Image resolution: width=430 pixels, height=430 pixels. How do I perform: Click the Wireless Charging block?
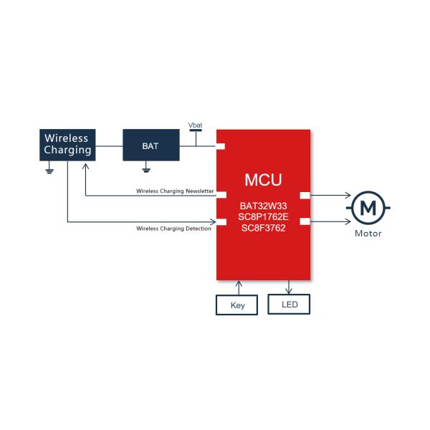pos(67,145)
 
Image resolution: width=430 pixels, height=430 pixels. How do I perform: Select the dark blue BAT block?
pos(151,145)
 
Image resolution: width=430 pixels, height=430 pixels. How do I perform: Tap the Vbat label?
pos(195,125)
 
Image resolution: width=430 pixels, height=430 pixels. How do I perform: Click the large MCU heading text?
pos(263,180)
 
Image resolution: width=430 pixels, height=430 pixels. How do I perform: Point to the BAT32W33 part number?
pos(263,206)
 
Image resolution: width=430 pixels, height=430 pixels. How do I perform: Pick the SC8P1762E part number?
pos(263,217)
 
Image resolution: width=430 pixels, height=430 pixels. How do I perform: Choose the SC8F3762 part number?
pos(263,228)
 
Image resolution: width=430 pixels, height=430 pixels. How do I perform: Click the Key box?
pos(236,305)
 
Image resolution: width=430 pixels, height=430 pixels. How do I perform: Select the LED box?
pos(289,304)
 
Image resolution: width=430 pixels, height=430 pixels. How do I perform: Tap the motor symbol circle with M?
pos(368,208)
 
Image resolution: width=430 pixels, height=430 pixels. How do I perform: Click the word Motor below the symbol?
pos(368,234)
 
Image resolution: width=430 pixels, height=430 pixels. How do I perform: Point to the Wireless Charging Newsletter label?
pos(175,191)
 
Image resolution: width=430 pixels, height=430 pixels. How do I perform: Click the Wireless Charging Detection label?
pos(174,229)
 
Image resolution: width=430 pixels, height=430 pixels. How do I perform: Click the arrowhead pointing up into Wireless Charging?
pos(85,166)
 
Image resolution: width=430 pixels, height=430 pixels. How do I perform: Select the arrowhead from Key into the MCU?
pos(239,284)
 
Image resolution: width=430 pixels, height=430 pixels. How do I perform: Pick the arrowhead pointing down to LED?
pos(289,291)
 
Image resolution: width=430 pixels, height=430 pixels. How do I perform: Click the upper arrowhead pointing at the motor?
pos(348,195)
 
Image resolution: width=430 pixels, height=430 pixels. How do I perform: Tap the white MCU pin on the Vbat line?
pos(221,146)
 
